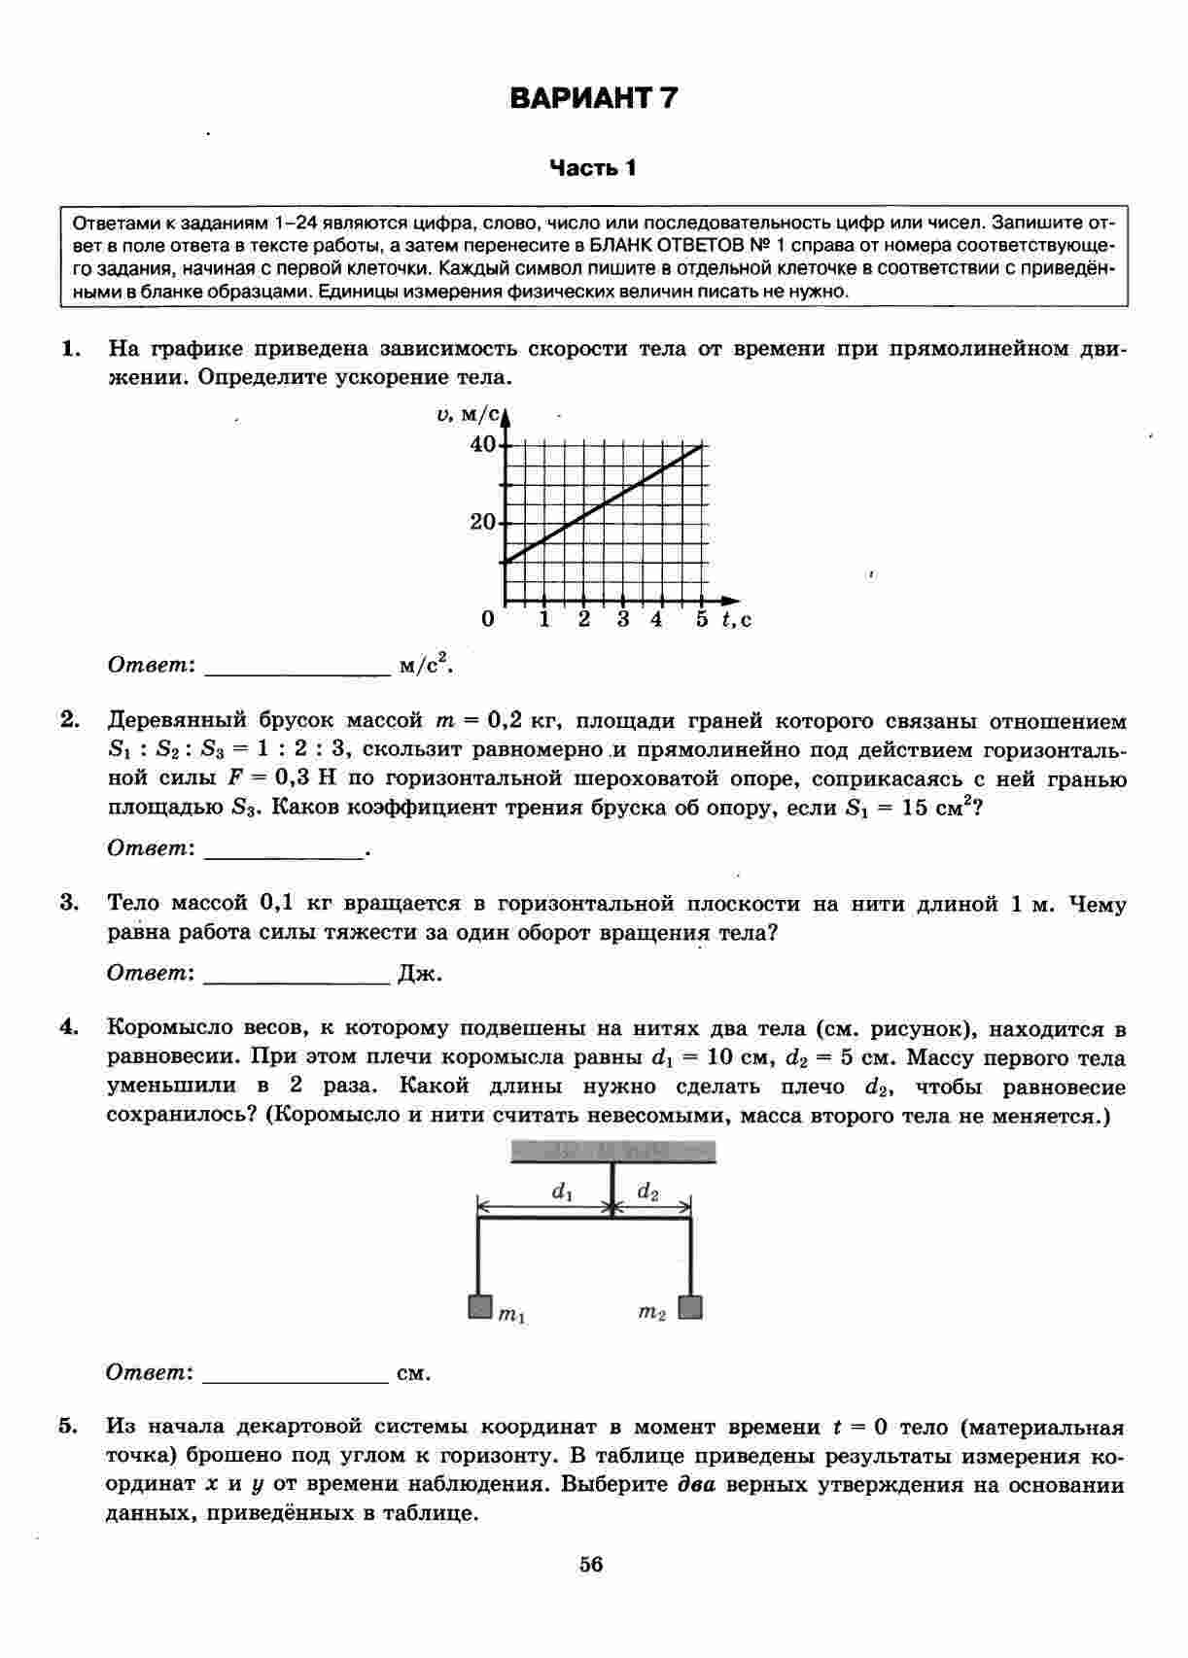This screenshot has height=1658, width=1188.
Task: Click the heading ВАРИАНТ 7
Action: click(593, 98)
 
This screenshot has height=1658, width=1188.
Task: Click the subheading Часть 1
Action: click(593, 168)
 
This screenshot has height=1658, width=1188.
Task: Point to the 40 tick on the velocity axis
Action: click(483, 445)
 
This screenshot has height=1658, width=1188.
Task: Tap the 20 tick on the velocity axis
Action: click(483, 522)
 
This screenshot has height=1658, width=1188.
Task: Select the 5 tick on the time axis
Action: click(702, 619)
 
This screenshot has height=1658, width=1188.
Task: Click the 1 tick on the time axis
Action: click(545, 619)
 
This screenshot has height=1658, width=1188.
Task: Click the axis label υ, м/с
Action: click(469, 415)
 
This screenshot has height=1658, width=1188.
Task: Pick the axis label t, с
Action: click(736, 619)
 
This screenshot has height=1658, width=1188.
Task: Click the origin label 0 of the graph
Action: click(487, 619)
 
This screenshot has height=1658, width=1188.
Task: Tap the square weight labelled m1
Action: click(479, 1306)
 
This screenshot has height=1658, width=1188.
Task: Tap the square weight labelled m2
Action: click(690, 1306)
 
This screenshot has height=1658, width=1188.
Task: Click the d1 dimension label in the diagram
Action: click(562, 1192)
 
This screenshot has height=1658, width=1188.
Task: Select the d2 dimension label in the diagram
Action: click(647, 1192)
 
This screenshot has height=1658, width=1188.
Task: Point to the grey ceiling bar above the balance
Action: click(613, 1152)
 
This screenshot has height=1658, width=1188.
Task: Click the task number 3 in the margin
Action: click(69, 903)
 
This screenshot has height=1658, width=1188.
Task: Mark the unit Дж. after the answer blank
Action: click(420, 974)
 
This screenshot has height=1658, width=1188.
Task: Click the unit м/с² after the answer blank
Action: click(427, 665)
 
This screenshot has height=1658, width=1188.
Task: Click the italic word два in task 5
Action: click(696, 1485)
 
